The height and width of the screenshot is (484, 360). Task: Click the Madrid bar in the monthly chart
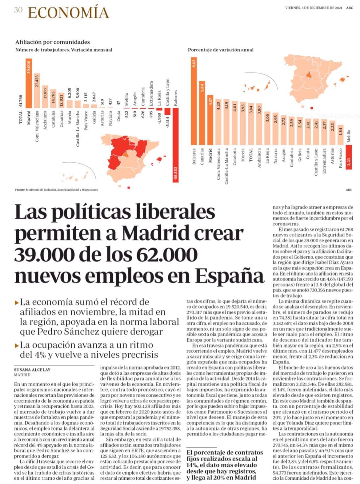pos(29,83)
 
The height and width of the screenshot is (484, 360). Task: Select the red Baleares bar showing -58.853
pos(176,145)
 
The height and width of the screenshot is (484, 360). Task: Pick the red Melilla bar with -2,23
pos(349,157)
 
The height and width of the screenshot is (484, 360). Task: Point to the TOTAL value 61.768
pos(21,101)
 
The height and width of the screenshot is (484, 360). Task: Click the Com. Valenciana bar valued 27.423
pos(37,91)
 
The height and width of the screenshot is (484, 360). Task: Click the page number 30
pos(18,10)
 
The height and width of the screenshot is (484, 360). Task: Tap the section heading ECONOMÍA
pos(68,13)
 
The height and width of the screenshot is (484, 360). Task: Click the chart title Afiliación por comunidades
pos(52,42)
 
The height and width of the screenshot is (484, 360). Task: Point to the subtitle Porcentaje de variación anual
pos(221,50)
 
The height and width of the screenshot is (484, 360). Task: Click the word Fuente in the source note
pos(20,190)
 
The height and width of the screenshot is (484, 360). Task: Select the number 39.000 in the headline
pos(44,255)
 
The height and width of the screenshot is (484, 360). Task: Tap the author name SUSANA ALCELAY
pos(32,370)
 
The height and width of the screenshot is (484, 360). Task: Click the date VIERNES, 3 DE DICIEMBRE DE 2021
pos(314,8)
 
